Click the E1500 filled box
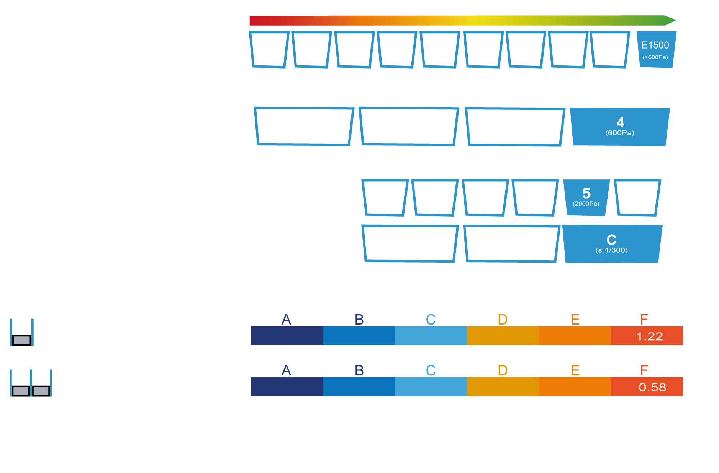coord(656,50)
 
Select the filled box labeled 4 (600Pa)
coord(620,127)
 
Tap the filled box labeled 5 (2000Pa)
coord(586,197)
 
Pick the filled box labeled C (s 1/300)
coord(612,244)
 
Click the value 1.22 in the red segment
coord(649,336)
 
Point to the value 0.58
coord(652,387)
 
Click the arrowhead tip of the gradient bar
coord(676,20)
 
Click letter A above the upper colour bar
coord(286,320)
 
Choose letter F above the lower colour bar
coord(644,370)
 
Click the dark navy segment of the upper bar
coord(287,336)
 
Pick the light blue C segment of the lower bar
coord(431,387)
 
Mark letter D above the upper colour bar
coord(503,320)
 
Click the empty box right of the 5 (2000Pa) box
coord(637,197)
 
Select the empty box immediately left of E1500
coord(609,50)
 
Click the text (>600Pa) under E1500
coord(655,57)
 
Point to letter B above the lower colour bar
coord(359,370)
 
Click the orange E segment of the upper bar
coord(575,336)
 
